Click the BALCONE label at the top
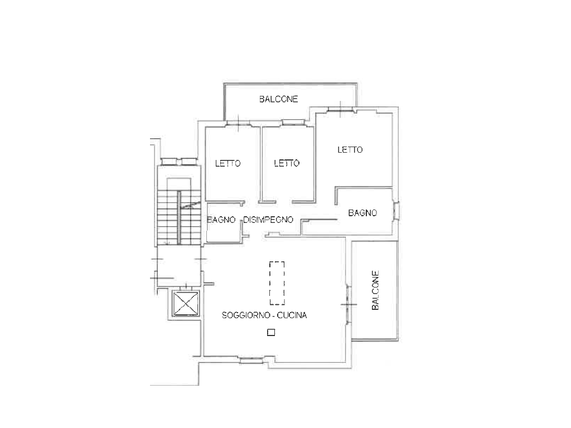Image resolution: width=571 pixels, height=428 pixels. [279, 99]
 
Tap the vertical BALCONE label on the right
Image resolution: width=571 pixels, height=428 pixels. [375, 290]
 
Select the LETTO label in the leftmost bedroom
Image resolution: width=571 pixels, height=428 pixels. [228, 163]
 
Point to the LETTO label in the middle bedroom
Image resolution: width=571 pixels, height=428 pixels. [287, 163]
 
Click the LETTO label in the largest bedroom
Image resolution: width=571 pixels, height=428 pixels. [350, 149]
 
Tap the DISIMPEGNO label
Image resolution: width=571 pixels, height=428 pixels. [268, 220]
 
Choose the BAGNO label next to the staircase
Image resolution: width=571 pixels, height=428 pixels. [221, 220]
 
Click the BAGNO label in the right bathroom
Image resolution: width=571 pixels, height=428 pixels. [362, 213]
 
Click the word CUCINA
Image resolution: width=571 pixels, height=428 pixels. [292, 315]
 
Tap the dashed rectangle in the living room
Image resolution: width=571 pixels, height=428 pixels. [277, 283]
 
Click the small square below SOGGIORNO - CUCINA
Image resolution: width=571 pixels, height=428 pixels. [271, 332]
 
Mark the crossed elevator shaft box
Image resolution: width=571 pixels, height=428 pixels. [186, 304]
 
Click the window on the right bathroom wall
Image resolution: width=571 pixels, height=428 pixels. [396, 211]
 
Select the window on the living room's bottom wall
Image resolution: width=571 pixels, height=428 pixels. [251, 361]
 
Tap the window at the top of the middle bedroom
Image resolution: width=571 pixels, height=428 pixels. [293, 123]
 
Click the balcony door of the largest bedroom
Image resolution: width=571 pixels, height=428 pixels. [341, 109]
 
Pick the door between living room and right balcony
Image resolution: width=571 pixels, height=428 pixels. [349, 304]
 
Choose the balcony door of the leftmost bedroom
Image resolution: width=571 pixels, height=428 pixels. [238, 123]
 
